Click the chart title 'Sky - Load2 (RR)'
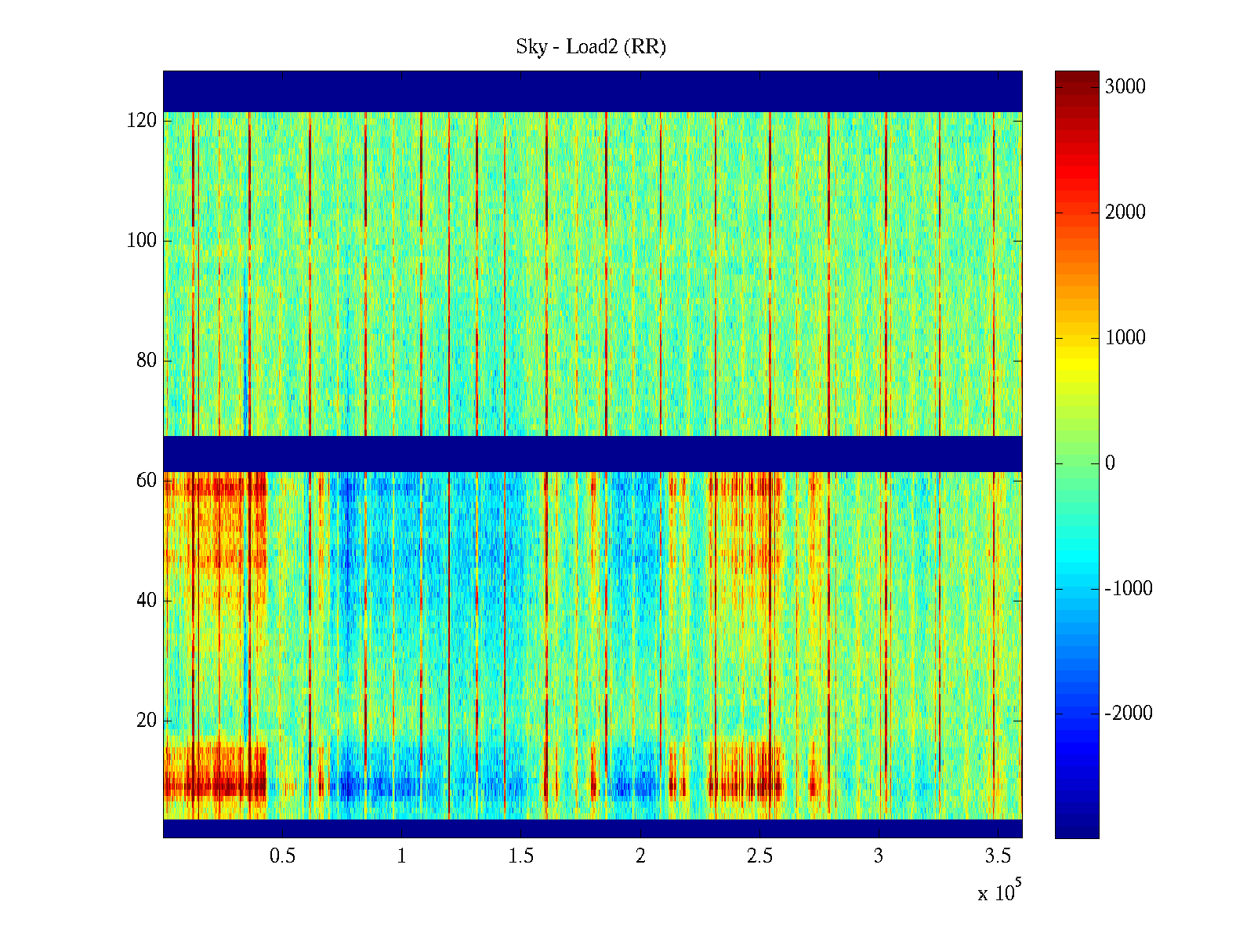tap(591, 47)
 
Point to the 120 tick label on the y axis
tap(141, 121)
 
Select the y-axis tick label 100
tap(141, 241)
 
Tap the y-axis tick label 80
tap(146, 361)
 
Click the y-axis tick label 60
tap(146, 480)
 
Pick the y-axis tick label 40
tap(146, 601)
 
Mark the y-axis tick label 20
tap(146, 721)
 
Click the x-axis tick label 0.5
tap(282, 856)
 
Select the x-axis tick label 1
tap(401, 856)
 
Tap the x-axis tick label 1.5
tap(520, 856)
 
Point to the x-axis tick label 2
tap(640, 856)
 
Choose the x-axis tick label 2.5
tap(759, 856)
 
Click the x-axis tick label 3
tap(879, 856)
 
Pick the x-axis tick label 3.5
tap(998, 856)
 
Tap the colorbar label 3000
tap(1125, 87)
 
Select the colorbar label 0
tap(1110, 463)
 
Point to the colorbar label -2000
tap(1129, 714)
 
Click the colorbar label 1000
tap(1125, 338)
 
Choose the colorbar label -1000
tap(1129, 589)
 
